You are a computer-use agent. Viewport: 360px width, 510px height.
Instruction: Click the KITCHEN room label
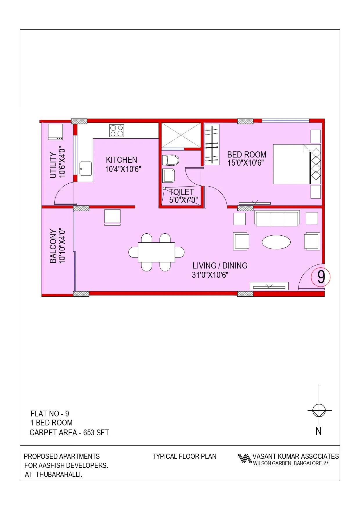121,160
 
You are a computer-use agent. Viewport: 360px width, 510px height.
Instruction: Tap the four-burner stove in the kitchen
117,130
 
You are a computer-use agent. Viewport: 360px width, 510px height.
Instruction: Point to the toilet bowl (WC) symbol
170,160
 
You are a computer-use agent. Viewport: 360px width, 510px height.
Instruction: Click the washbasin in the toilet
168,176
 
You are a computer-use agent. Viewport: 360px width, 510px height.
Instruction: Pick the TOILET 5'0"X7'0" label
183,196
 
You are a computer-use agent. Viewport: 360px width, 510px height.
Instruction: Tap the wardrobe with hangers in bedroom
212,144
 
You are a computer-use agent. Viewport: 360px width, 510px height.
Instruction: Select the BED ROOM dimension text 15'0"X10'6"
246,163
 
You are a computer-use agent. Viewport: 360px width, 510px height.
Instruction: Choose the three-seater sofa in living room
277,219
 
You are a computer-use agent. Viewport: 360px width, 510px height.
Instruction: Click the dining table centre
156,252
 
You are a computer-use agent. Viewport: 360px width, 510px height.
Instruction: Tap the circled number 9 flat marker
321,277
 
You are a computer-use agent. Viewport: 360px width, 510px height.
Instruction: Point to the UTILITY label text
53,165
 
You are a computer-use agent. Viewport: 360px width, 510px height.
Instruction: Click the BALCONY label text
53,246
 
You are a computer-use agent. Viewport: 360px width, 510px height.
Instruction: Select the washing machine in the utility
55,132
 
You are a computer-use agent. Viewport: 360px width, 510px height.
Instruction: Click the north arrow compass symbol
319,411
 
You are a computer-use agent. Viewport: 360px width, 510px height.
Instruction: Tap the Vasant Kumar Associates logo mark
244,458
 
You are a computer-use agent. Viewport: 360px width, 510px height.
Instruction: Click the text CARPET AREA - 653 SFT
69,433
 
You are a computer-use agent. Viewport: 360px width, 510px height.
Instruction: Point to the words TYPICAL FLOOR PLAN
184,456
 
